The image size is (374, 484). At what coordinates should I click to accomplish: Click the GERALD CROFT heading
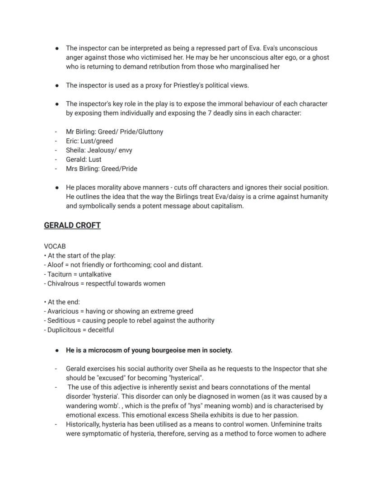[72, 225]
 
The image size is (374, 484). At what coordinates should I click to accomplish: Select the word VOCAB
[55, 246]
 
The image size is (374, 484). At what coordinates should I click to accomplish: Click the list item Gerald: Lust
[84, 160]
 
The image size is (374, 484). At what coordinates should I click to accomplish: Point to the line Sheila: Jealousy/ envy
[99, 150]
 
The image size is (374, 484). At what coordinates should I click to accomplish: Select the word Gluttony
[149, 132]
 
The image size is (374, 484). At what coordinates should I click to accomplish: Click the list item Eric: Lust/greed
[89, 141]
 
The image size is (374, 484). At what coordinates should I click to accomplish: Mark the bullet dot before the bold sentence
[57, 350]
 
